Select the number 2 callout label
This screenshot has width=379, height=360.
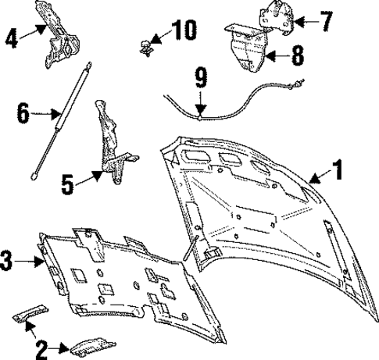pos(38,346)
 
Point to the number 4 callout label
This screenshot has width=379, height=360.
pos(10,36)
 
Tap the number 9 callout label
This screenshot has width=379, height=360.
pos(201,79)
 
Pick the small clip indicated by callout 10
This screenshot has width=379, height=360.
pos(145,45)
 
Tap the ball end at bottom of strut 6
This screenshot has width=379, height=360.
pos(35,177)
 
